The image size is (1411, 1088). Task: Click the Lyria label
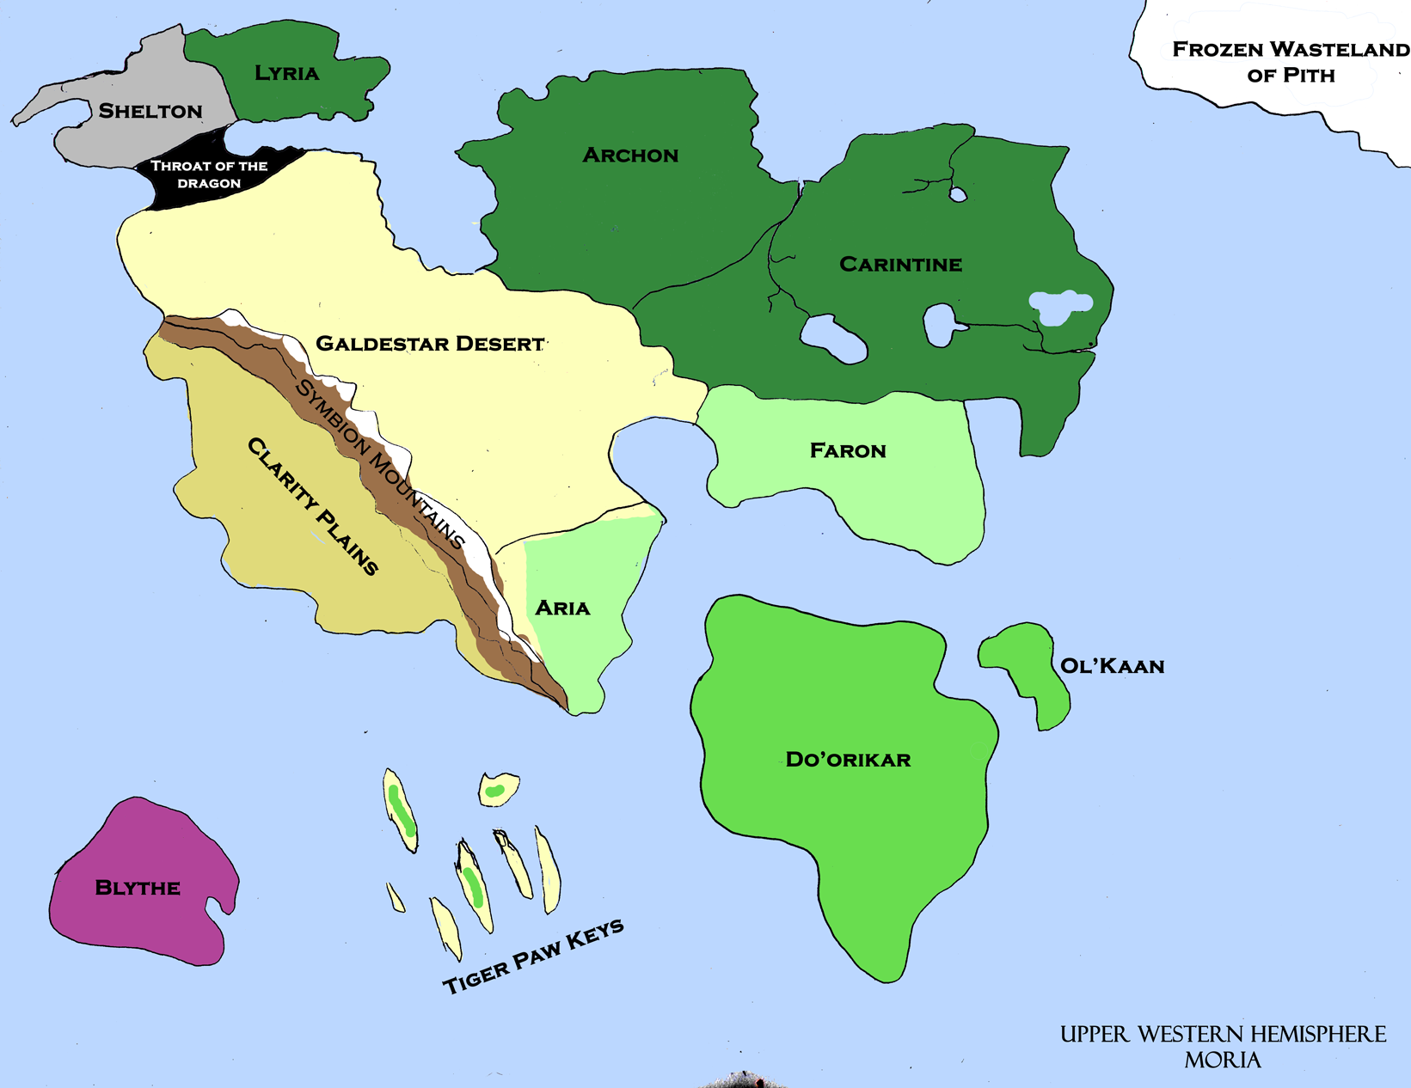coord(287,74)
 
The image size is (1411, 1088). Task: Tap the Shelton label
coord(150,111)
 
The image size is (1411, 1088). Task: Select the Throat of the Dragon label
coord(209,174)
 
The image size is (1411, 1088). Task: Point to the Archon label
coord(630,156)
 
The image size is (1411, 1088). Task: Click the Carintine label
coord(900,265)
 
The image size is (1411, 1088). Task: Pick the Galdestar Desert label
coord(430,344)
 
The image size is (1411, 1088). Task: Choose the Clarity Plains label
coord(313,506)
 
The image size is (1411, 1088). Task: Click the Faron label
coord(848,451)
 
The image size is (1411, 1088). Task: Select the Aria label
coord(562,608)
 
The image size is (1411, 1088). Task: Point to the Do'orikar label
coord(848,760)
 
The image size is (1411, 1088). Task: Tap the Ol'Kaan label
coord(1112,666)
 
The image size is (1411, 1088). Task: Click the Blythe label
coord(138,888)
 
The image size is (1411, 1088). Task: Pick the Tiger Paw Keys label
coord(533,956)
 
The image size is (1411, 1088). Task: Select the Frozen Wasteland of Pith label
coord(1290,62)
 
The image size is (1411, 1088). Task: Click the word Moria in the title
coord(1222,1060)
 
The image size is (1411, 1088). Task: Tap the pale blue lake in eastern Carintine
coord(1061,305)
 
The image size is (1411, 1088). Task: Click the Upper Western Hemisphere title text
coord(1223,1034)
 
